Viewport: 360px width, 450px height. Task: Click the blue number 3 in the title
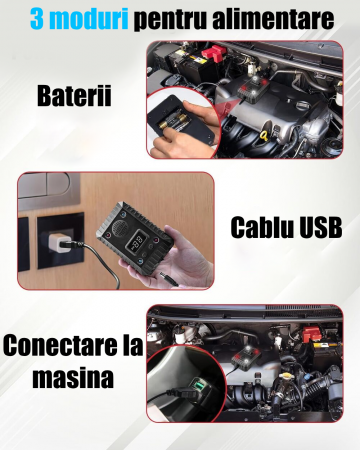click(37, 19)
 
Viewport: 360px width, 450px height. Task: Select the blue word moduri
click(89, 19)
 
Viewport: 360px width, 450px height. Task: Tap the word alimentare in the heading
click(273, 19)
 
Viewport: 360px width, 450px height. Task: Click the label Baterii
click(74, 96)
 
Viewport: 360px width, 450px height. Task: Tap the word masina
click(73, 378)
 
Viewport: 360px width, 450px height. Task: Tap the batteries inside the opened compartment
click(173, 122)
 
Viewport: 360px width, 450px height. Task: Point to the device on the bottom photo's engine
click(246, 357)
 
